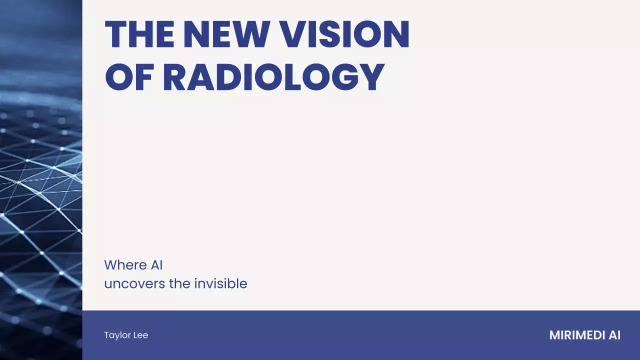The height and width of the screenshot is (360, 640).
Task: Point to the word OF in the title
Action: [129, 78]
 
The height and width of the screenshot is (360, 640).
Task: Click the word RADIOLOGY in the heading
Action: [273, 78]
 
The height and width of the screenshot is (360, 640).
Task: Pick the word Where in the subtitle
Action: [125, 265]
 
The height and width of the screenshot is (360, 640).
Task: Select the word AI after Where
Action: [156, 265]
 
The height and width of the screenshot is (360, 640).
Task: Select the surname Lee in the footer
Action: [140, 335]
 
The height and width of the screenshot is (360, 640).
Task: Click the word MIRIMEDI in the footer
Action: [576, 335]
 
